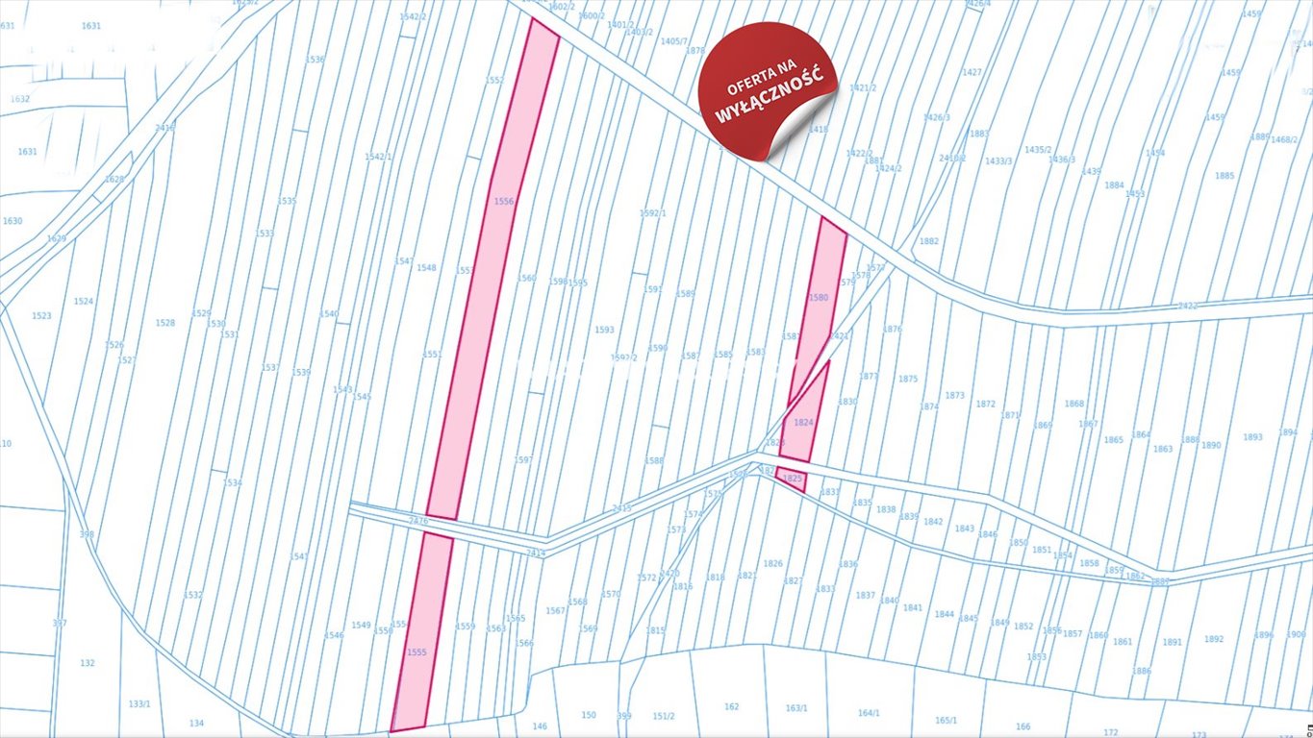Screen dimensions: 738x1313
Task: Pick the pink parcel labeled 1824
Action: [x=804, y=423]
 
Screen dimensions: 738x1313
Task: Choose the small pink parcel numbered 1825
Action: [x=792, y=478]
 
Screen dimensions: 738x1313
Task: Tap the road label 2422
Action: [x=1187, y=306]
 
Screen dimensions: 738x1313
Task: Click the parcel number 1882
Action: [x=928, y=241]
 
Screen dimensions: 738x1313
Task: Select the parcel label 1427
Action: [x=972, y=72]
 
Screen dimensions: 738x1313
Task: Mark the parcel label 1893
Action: [x=1251, y=437]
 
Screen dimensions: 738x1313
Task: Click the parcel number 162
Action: [x=731, y=706]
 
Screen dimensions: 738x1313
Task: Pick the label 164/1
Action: [x=869, y=712]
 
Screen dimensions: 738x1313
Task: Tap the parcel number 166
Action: [x=1023, y=726]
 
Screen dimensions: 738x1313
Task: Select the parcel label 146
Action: [x=539, y=726]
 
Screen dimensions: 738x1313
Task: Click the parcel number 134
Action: [x=196, y=724]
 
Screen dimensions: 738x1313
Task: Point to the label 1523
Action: [x=41, y=315]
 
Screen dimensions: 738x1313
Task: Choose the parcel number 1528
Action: [x=165, y=323]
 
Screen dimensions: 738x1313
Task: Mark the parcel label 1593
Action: [x=603, y=330]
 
